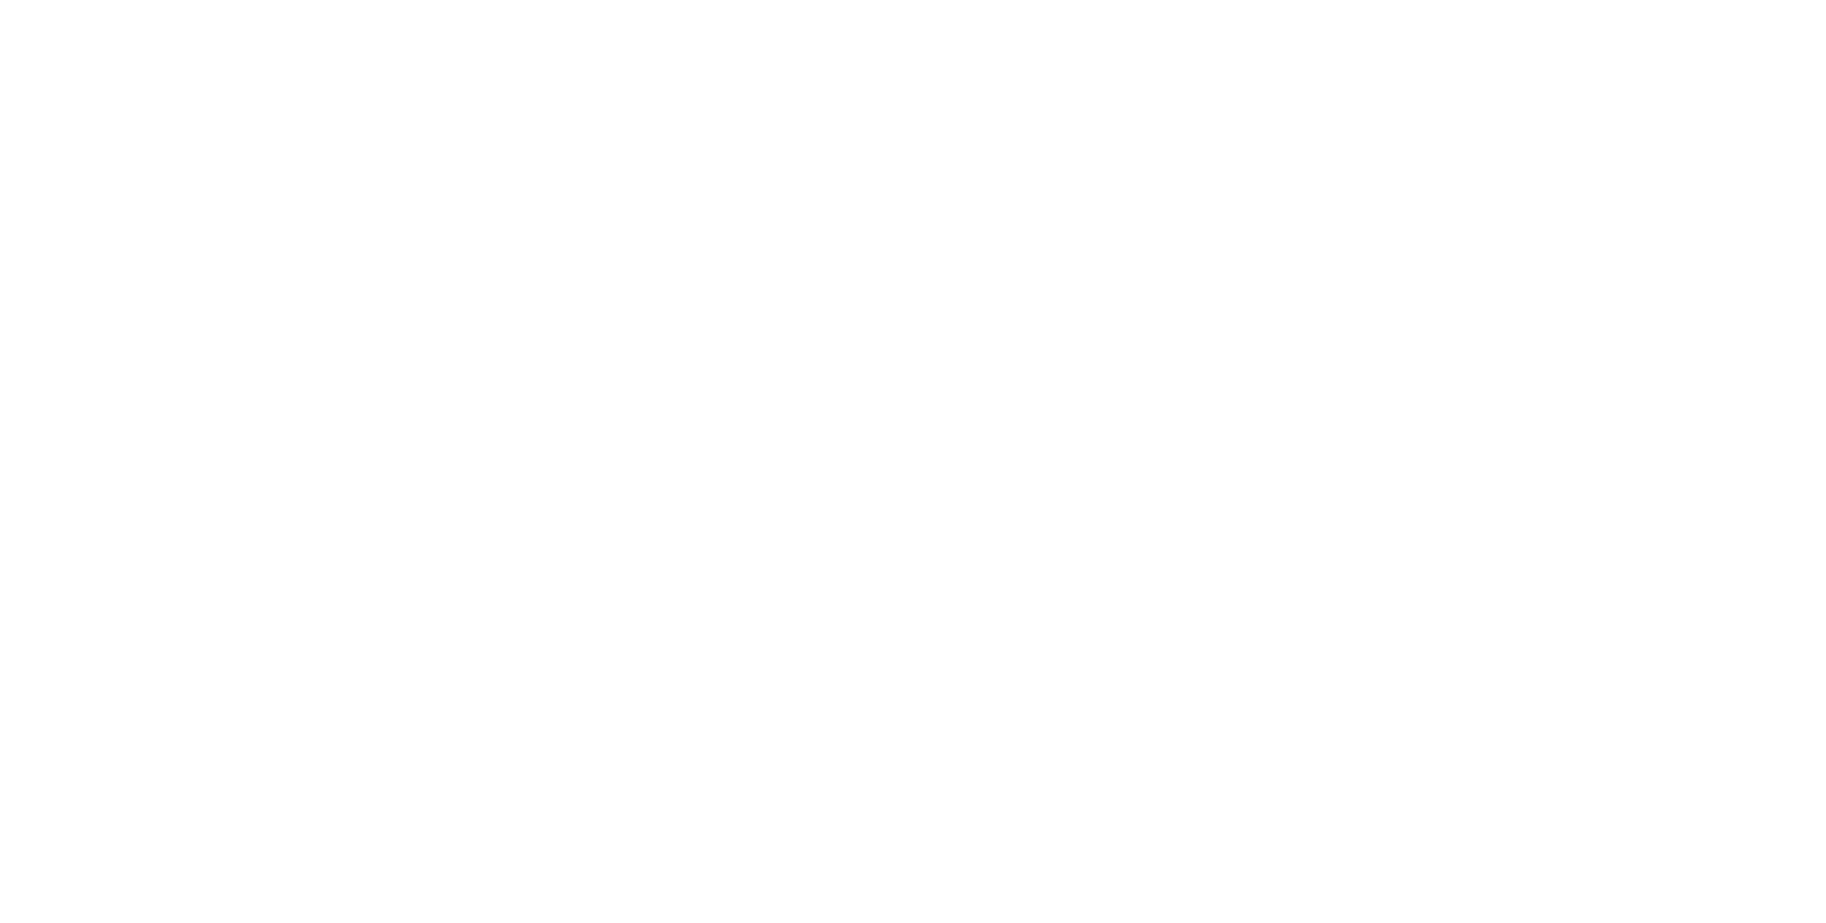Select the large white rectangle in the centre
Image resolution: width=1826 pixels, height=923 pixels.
tap(1077, 589)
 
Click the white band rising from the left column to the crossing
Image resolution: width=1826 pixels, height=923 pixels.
tap(567, 213)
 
